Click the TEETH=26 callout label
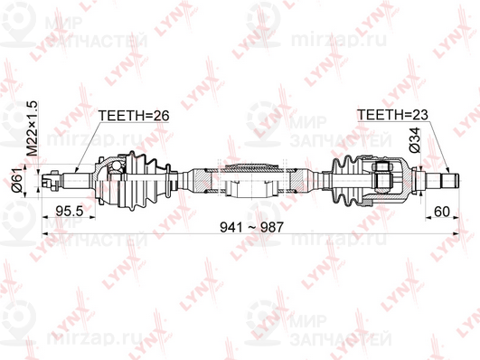(134, 116)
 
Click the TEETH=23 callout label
(392, 115)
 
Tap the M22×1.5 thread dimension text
(33, 128)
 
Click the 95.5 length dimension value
(70, 211)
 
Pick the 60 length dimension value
(442, 212)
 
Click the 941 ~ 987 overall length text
(252, 227)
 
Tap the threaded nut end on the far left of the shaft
(52, 180)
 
